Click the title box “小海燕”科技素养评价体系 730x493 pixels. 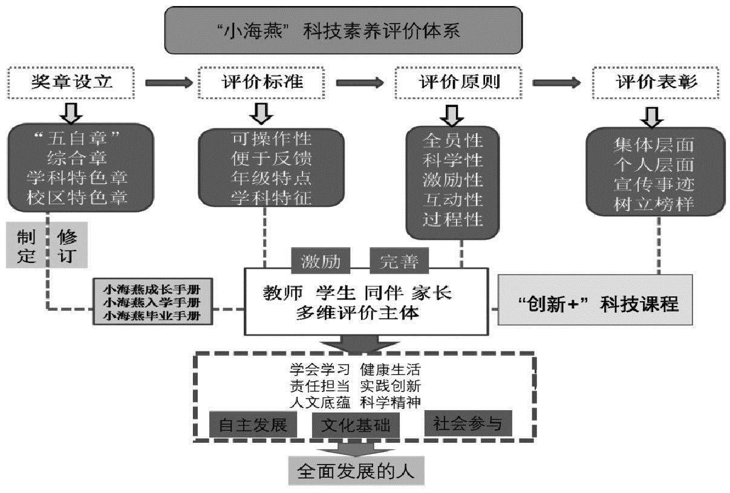pos(344,30)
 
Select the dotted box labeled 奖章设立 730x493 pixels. pos(71,82)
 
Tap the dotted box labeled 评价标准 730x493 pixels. pos(261,82)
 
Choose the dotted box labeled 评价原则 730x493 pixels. pos(458,82)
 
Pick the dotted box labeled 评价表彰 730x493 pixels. pos(656,82)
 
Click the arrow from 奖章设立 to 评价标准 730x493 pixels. pos(169,83)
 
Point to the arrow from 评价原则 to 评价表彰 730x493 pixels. pos(556,83)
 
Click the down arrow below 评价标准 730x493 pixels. pos(261,114)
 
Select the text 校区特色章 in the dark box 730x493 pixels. pos(77,198)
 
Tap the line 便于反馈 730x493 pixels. pos(271,158)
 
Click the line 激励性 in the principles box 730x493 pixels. pos(452,180)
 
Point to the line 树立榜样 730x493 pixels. pos(654,204)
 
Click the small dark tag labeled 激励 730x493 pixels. pos(321,261)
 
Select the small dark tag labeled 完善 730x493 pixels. pos(399,261)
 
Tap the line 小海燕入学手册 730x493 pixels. pos(152,302)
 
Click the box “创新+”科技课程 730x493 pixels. pos(595,300)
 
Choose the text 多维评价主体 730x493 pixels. pos(357,313)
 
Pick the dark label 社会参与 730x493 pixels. pos(468,423)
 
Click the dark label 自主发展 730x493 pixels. pos(253,425)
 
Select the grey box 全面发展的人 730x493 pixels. pos(356,471)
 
